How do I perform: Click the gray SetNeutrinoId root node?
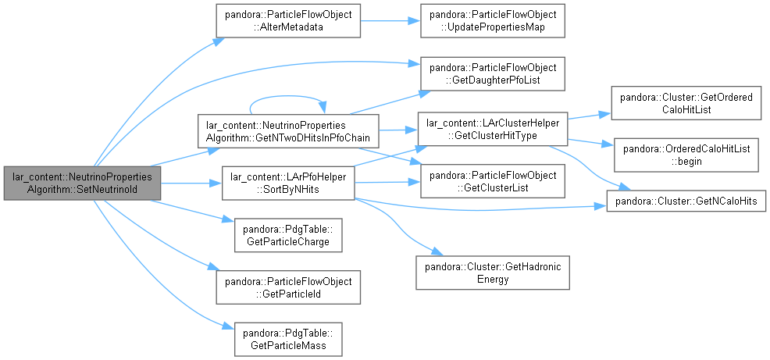point(83,184)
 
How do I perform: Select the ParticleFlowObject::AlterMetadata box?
point(288,20)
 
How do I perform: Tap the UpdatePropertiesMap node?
point(493,20)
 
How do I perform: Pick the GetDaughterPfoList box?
point(493,73)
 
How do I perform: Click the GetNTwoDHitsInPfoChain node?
point(288,130)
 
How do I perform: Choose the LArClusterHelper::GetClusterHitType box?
point(493,130)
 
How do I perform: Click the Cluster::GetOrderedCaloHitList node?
point(686,103)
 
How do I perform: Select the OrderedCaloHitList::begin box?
point(686,155)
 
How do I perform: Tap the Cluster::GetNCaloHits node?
point(686,201)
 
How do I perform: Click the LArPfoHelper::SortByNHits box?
point(288,184)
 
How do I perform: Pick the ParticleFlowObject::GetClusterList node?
point(493,182)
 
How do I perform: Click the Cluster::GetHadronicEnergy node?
point(493,272)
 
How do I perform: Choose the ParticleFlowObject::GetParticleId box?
point(288,287)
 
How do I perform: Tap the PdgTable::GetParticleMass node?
point(288,340)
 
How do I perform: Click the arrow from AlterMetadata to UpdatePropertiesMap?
point(390,20)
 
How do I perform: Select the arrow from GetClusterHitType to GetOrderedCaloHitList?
point(590,116)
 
